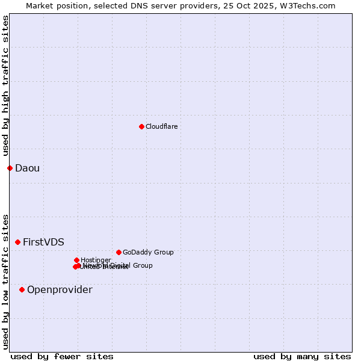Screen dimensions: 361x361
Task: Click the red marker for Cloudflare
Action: [x=141, y=126]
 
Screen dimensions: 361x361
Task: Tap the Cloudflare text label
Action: [x=161, y=126]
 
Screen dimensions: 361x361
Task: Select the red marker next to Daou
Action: [x=10, y=168]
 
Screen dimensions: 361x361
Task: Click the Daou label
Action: [x=27, y=168]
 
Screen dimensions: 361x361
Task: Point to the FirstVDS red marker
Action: [x=17, y=242]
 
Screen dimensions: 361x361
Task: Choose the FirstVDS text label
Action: [x=43, y=242]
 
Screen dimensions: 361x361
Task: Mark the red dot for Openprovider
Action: [x=22, y=289]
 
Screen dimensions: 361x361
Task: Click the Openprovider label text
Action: [x=60, y=289]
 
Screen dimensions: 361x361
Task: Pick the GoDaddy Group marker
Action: [x=119, y=252]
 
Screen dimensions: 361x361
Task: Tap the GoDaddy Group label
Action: [x=148, y=252]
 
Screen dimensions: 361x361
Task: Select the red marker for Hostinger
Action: [x=76, y=260]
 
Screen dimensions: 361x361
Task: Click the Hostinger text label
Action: [x=96, y=260]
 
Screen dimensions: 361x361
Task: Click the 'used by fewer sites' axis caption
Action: [x=62, y=356]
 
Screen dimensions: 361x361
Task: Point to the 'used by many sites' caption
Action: [x=302, y=356]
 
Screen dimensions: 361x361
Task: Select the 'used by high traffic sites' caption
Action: [x=5, y=85]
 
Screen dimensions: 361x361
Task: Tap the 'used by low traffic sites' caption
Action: [x=5, y=281]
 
